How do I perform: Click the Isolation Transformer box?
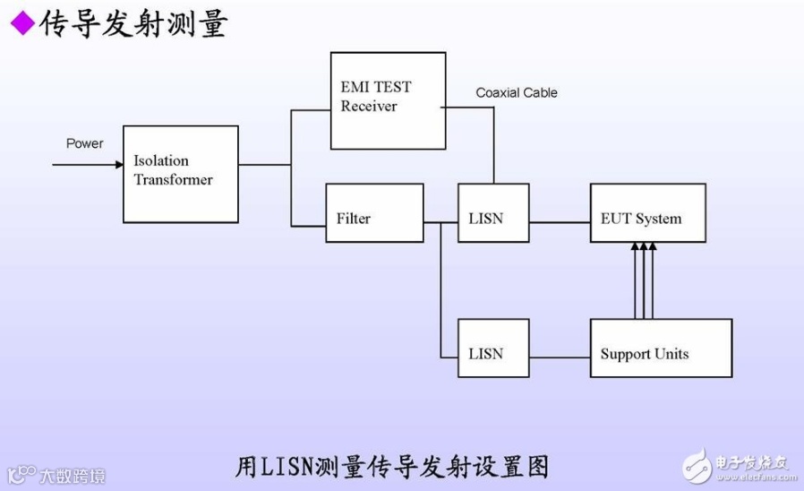click(x=181, y=174)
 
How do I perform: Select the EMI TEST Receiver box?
click(x=388, y=100)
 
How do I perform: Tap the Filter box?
click(x=374, y=213)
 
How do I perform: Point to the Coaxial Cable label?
click(x=517, y=92)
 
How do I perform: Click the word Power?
click(x=84, y=143)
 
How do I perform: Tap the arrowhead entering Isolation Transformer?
click(x=118, y=165)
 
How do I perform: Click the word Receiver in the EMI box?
click(x=369, y=107)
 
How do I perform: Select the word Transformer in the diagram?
click(x=174, y=180)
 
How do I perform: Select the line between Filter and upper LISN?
click(x=440, y=221)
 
